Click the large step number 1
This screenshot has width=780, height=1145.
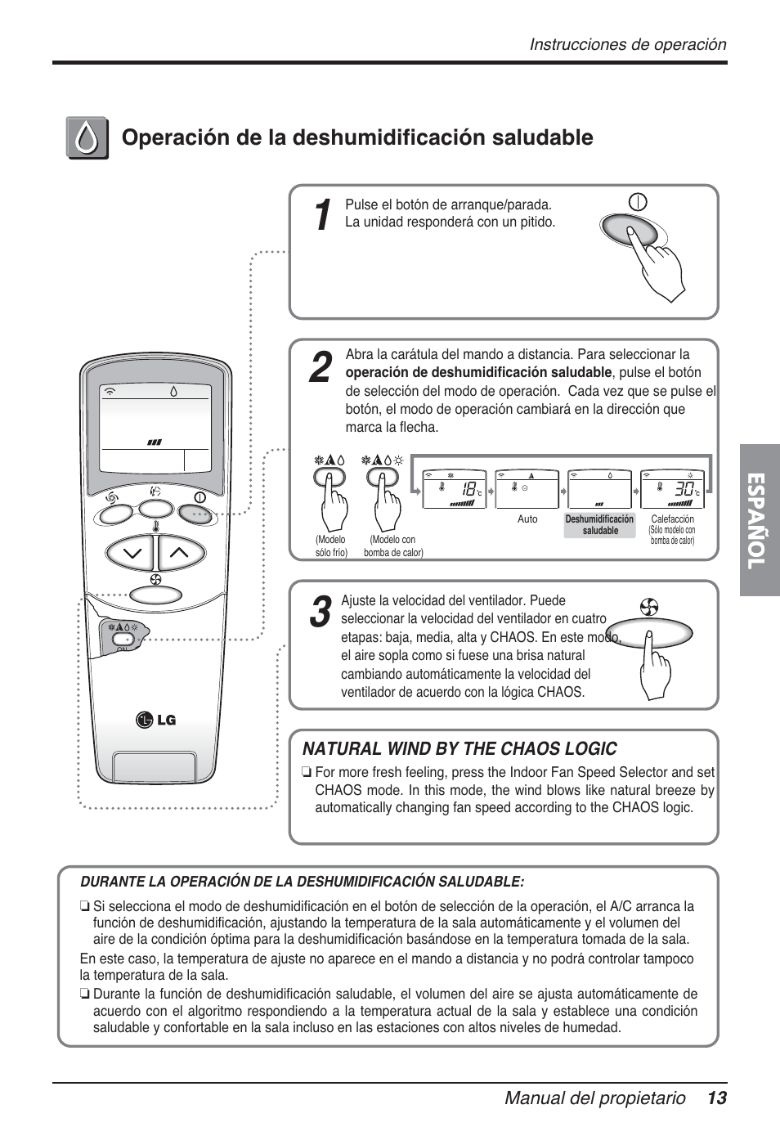point(324,215)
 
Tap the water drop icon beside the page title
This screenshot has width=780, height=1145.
point(87,137)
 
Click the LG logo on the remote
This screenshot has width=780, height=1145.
point(155,721)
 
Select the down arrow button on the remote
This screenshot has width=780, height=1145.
point(131,554)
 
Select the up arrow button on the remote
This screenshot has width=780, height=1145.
point(179,554)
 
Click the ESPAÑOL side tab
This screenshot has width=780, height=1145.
point(760,520)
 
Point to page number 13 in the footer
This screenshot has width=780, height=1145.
point(717,1098)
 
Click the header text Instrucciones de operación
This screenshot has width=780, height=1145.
point(627,45)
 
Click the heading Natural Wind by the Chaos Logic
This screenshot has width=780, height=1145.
point(459,748)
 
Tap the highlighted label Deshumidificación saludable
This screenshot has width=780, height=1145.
point(599,525)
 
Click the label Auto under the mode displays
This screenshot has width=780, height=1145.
point(527,519)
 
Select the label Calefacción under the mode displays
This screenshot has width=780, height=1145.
point(672,519)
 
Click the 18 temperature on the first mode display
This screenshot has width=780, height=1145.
point(468,489)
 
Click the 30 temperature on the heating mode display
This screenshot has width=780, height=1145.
point(684,489)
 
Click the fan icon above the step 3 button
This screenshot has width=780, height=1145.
point(650,607)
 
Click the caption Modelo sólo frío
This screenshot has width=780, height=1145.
point(331,546)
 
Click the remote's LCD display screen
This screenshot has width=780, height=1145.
point(155,426)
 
